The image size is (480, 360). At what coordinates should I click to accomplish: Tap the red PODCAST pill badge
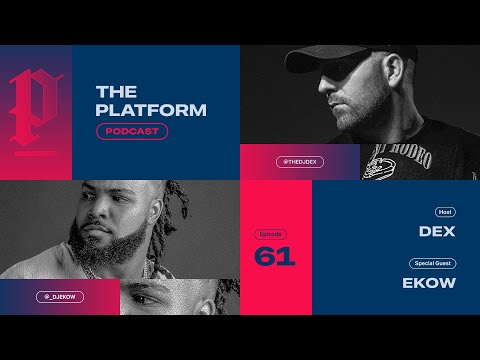[x=132, y=132]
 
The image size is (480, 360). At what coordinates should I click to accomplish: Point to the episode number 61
[x=275, y=257]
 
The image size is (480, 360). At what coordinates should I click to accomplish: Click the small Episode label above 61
[x=270, y=232]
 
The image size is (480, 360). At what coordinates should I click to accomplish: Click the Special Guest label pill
[x=432, y=264]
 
